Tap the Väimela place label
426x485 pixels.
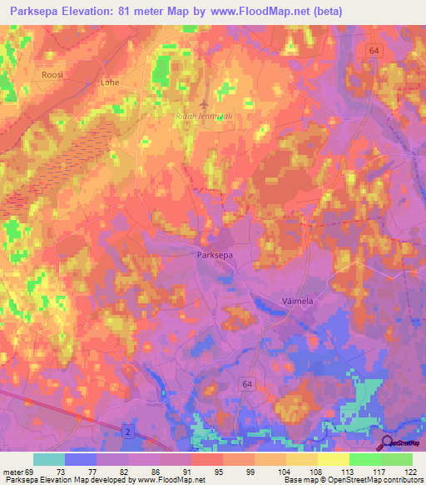click(295, 302)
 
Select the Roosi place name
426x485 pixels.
click(52, 74)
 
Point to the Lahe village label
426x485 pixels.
click(110, 82)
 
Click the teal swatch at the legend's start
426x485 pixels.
click(49, 459)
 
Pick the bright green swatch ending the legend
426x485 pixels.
click(396, 459)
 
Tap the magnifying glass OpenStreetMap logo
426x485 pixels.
click(388, 442)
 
